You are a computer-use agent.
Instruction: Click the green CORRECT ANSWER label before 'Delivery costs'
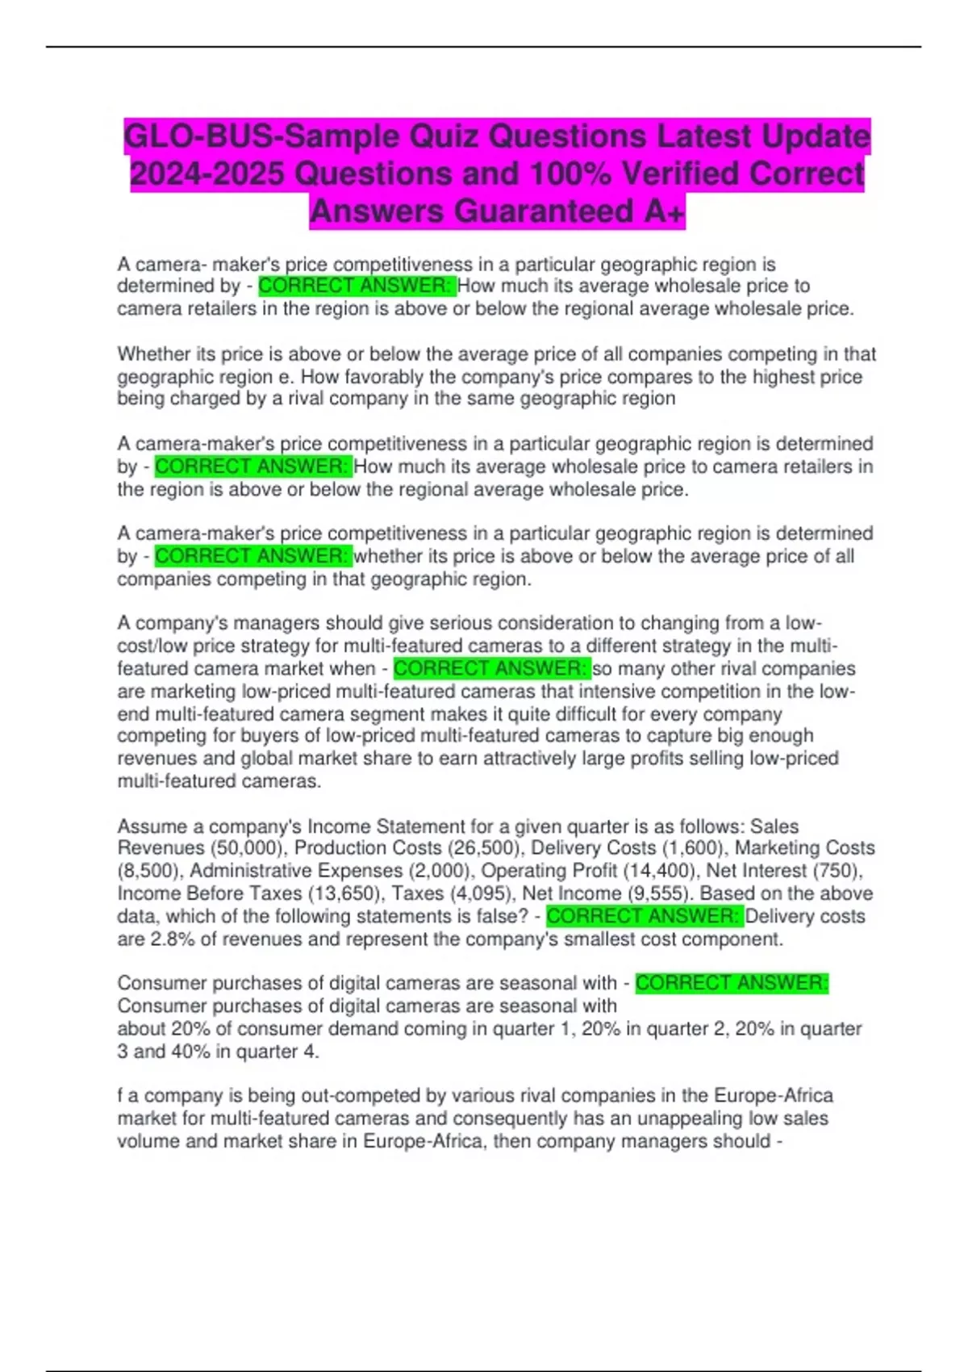644,916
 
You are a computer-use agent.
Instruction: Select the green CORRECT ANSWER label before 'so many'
491,668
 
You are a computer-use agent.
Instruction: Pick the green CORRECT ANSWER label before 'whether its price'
252,555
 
